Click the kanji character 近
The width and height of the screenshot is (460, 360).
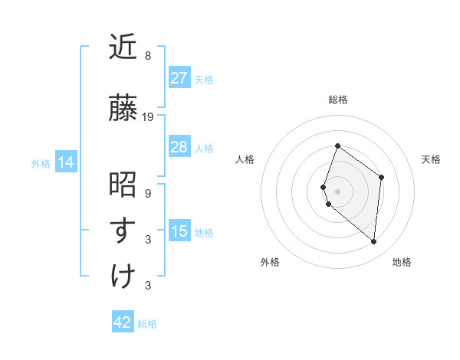coord(123,48)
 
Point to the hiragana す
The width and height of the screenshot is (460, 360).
coord(123,231)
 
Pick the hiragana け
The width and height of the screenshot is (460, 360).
coord(123,276)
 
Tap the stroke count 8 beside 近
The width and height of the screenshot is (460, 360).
coord(148,56)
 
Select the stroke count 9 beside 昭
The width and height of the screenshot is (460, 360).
coord(148,194)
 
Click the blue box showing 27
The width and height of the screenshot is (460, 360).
coord(179,78)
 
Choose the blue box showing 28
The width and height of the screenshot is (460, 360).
coord(179,147)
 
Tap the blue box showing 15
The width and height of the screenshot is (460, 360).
coord(179,231)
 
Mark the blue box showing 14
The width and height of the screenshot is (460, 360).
coord(65,162)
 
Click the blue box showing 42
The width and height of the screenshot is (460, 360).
coord(122,322)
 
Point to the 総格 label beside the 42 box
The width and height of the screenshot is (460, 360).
coord(147,324)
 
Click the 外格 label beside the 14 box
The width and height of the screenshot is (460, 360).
coord(41,163)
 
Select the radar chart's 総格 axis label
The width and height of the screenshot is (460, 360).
coord(337,100)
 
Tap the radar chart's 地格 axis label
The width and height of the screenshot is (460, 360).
coord(402,262)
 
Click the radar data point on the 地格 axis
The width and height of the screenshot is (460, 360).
coord(374,241)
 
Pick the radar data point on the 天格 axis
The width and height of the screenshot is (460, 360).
coord(381,178)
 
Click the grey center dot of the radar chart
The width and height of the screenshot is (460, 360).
coord(337,191)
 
